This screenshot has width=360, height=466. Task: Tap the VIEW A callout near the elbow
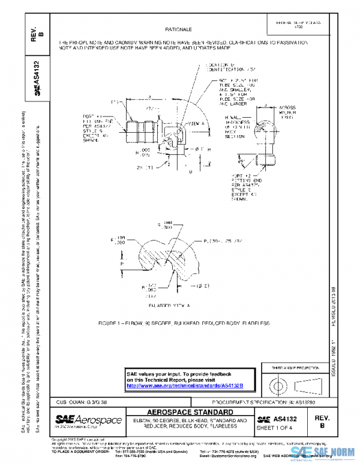pyautogui.click(x=196, y=123)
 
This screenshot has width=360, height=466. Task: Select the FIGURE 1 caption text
pyautogui.click(x=184, y=323)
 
